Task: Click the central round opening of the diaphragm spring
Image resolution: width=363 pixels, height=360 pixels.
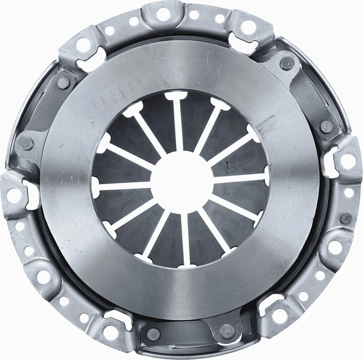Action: pyautogui.click(x=182, y=182)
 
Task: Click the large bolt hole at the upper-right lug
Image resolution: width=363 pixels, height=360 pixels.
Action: pyautogui.click(x=247, y=26)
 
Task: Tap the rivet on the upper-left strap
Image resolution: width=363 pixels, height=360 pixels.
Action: pyautogui.click(x=63, y=82)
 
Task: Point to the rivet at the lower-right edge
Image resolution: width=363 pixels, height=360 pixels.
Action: pyautogui.click(x=346, y=218)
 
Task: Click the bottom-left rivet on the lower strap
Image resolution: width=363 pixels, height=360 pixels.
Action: pyautogui.click(x=154, y=332)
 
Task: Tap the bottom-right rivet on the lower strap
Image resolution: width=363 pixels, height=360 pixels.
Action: pyautogui.click(x=224, y=331)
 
